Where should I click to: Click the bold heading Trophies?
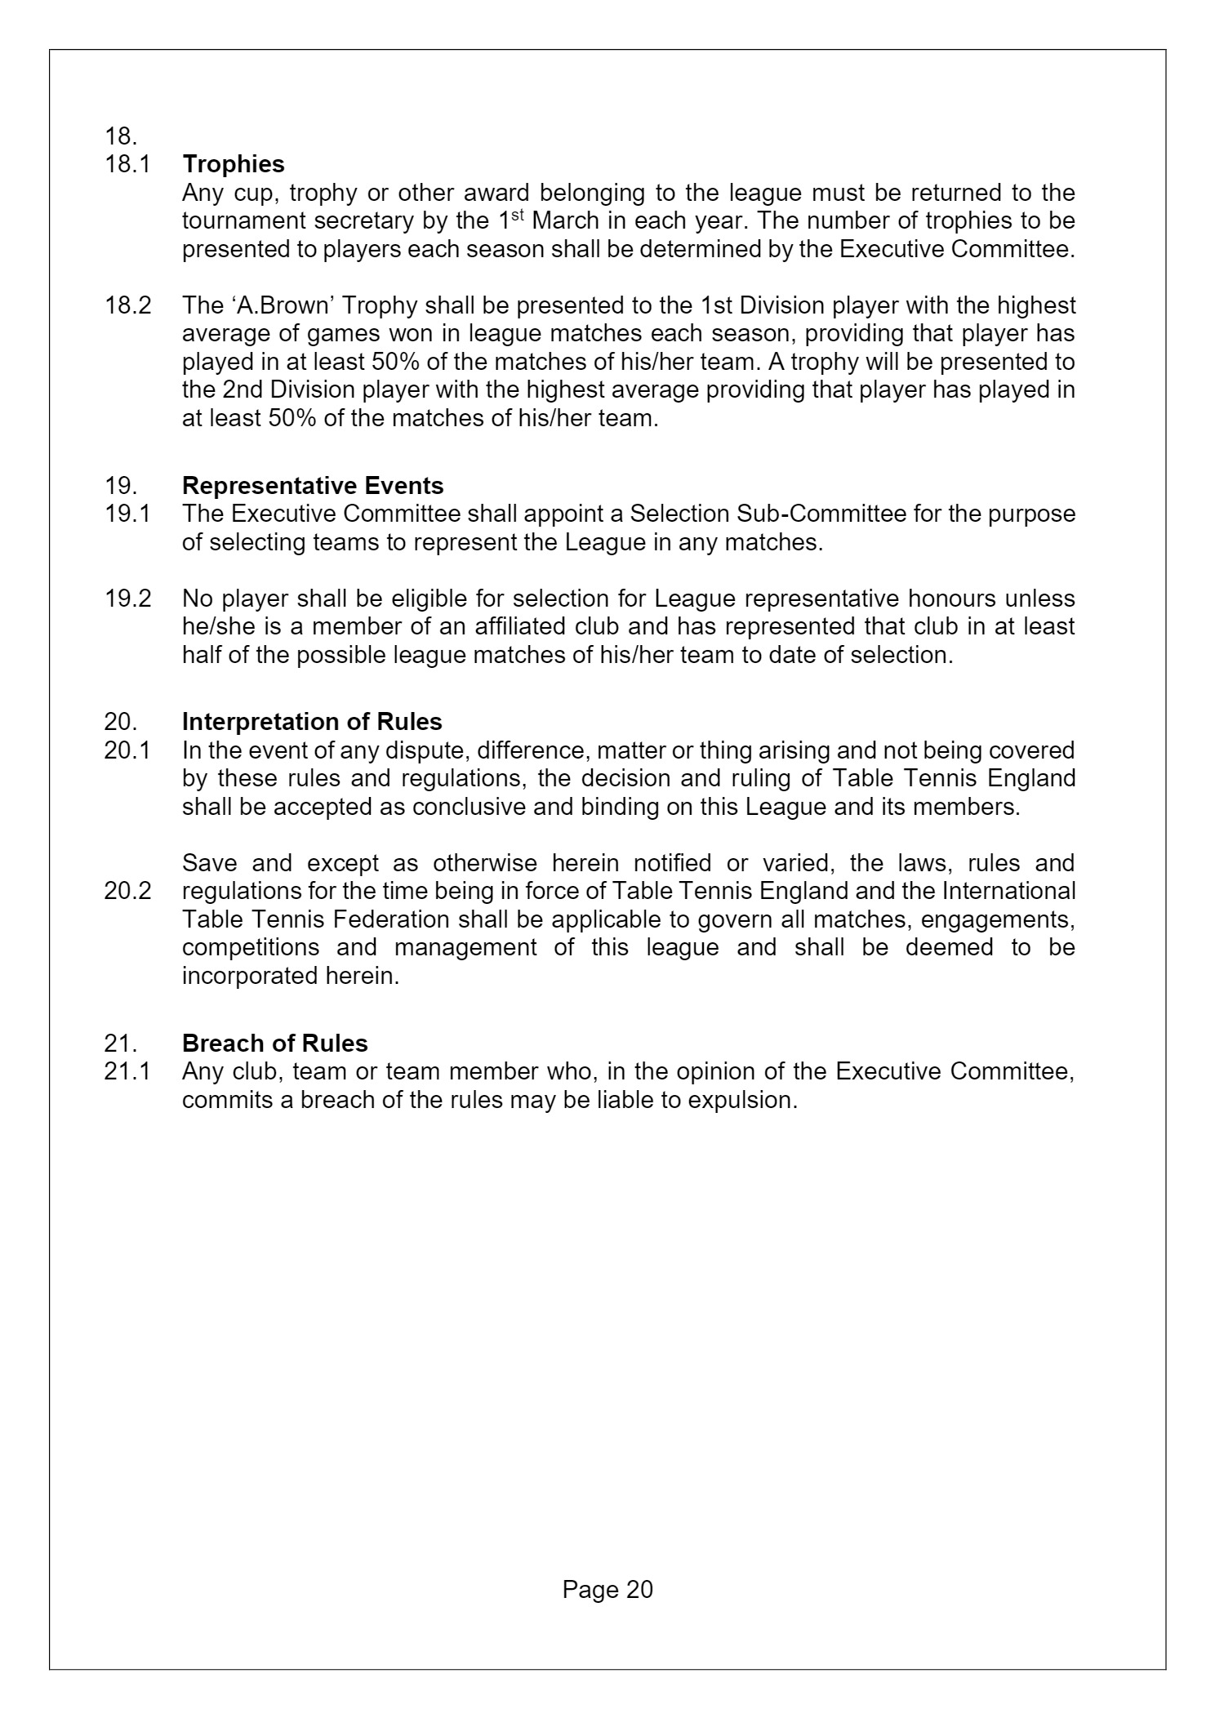(234, 164)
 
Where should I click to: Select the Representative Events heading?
(313, 486)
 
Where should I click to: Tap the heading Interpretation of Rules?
(312, 722)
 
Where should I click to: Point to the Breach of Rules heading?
(275, 1044)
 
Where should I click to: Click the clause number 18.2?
(128, 305)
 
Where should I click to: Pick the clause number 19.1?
(127, 514)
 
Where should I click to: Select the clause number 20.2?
(128, 891)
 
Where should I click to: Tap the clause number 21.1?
(127, 1071)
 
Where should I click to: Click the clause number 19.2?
(128, 599)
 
